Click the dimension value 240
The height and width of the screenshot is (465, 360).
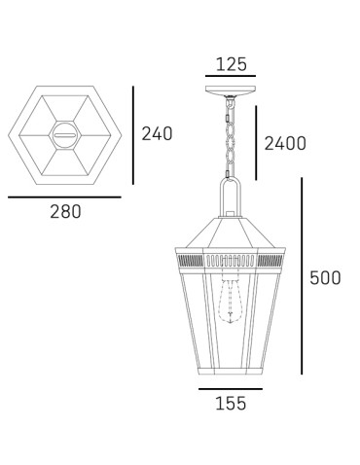click(x=157, y=133)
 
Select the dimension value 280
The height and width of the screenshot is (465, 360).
click(x=65, y=212)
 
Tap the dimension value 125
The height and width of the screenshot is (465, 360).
click(x=231, y=64)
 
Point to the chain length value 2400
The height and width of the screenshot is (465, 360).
click(x=285, y=144)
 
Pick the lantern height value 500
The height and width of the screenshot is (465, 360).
click(x=325, y=277)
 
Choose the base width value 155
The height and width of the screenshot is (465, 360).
click(x=231, y=402)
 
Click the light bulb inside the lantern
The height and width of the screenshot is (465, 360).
click(x=231, y=302)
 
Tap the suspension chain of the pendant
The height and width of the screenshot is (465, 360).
click(x=231, y=141)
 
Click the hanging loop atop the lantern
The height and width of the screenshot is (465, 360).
click(x=231, y=199)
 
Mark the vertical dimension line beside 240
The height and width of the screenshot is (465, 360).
click(x=133, y=133)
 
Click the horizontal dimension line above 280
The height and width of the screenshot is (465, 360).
click(x=64, y=197)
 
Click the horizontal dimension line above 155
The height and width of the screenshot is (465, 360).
click(x=231, y=388)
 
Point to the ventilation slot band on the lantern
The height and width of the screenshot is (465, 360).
click(x=231, y=260)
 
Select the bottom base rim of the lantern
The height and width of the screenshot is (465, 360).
click(x=231, y=373)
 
